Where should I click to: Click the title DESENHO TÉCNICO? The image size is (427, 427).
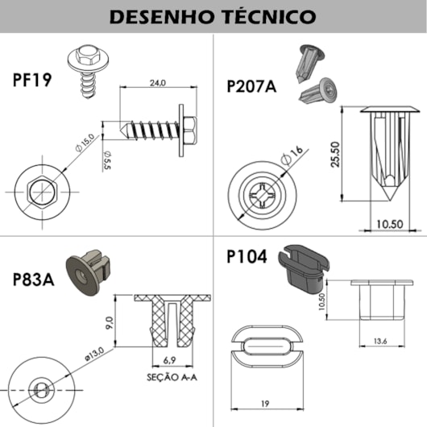tap(213, 15)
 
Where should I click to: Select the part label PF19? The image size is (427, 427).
tap(35, 81)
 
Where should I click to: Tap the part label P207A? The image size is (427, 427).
tap(251, 85)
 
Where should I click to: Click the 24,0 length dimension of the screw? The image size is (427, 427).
tap(156, 83)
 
